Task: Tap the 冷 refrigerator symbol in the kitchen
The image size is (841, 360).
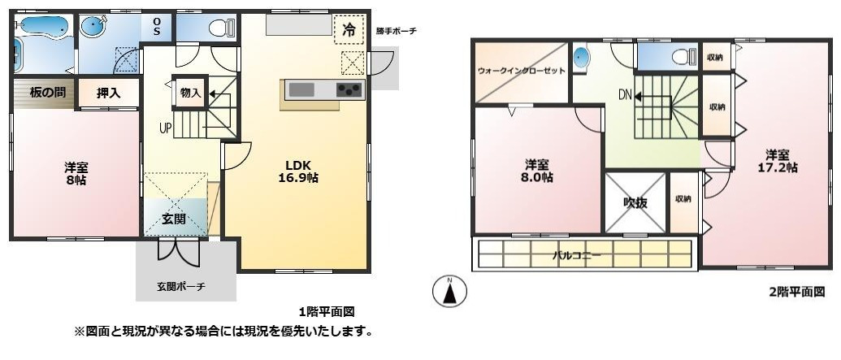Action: coord(349,31)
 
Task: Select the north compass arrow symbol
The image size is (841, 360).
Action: coord(449,292)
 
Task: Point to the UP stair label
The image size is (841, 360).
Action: coord(165,128)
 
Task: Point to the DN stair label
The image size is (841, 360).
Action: coord(625,95)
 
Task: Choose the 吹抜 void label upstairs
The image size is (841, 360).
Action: coord(635,203)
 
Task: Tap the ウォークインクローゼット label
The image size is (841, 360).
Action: coord(521,71)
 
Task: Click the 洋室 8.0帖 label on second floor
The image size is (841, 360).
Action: coord(538,170)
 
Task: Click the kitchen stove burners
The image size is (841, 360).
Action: coord(350,89)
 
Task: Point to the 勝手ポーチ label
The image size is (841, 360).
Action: coord(396,31)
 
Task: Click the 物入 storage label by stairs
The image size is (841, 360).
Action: coord(190,93)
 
